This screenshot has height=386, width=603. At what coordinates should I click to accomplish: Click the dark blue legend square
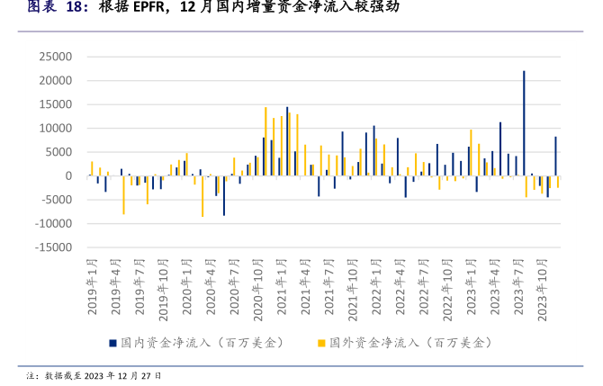pyautogui.click(x=112, y=343)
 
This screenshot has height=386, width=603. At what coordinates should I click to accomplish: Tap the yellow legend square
pyautogui.click(x=321, y=343)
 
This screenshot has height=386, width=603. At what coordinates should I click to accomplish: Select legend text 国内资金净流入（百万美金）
pyautogui.click(x=202, y=343)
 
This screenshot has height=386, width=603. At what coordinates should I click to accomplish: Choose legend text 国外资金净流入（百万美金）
pyautogui.click(x=411, y=343)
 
